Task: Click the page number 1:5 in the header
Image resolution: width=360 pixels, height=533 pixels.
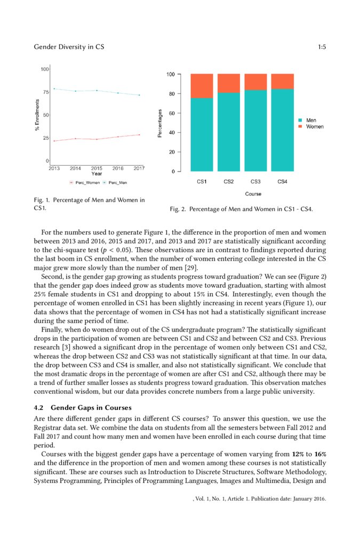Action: [x=322, y=47]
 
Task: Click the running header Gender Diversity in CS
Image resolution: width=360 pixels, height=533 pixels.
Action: [x=69, y=47]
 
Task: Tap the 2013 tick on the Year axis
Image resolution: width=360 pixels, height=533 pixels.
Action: [x=54, y=168]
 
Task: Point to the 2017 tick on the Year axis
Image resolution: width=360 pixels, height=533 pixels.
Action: [x=139, y=168]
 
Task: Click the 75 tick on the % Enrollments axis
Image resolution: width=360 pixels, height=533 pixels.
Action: [x=45, y=92]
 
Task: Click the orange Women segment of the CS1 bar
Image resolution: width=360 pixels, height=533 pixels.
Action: [x=202, y=85]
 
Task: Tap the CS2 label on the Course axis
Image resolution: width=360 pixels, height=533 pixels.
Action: [x=229, y=182]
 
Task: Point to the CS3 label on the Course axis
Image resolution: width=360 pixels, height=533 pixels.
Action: [x=255, y=182]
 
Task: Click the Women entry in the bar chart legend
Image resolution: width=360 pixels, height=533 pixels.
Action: [x=314, y=126]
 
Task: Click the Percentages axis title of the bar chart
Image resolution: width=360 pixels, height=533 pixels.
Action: [x=160, y=124]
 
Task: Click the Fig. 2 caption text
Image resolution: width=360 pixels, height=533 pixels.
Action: [x=241, y=209]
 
